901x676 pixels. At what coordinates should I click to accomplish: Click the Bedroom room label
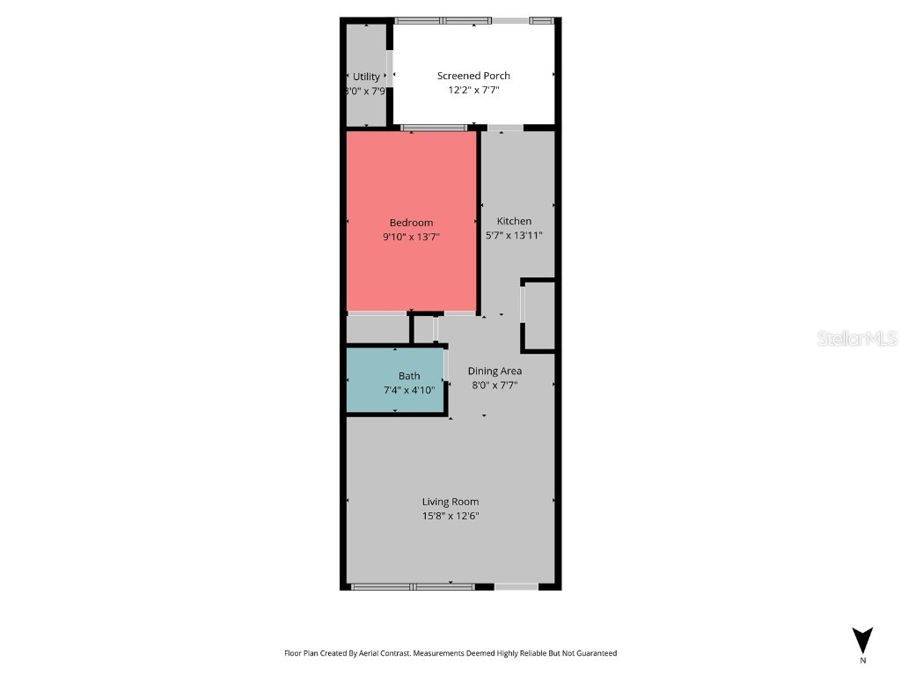coord(411,223)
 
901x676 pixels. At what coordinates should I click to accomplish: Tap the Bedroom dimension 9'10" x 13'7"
coord(411,236)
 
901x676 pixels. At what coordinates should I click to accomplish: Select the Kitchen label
coord(514,221)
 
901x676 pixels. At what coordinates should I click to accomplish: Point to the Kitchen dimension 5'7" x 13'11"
coord(514,235)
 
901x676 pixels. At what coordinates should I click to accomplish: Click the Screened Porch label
coord(473,76)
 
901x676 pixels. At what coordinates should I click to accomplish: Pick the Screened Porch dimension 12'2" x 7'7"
coord(473,89)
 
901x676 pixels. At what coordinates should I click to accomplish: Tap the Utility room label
coord(366,77)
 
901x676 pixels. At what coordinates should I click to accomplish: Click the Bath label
coord(409,376)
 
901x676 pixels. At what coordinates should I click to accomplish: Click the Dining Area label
coord(494,371)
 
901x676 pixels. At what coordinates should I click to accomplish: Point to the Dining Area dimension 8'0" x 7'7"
coord(494,385)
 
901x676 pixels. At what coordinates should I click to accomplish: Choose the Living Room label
coord(450,502)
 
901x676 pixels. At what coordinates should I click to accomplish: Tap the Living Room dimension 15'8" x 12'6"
coord(450,516)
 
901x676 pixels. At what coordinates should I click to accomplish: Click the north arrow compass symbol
coord(863,639)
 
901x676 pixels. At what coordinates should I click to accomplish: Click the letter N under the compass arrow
coord(863,660)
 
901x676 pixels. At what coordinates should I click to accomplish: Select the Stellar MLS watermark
coord(857,338)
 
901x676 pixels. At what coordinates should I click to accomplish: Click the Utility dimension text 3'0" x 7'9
coord(365,91)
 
